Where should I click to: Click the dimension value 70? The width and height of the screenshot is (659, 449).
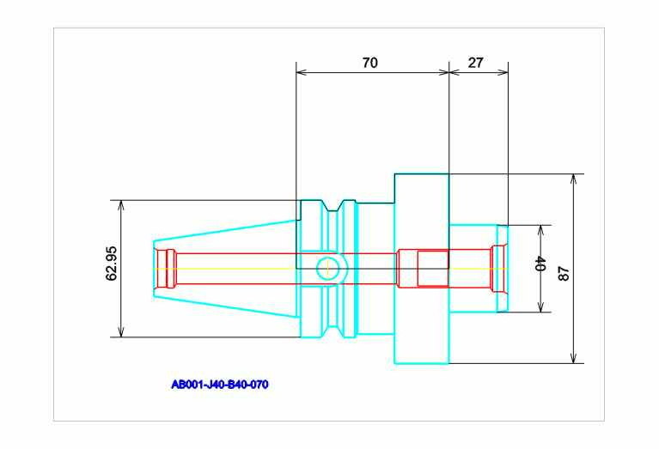point(370,63)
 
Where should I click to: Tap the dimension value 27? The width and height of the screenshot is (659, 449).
point(478,63)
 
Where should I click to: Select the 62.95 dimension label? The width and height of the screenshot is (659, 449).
point(111,270)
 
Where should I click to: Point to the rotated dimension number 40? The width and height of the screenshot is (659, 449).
point(540,266)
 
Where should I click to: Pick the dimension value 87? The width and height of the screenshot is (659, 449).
point(564,274)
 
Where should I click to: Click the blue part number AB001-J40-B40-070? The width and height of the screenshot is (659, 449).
point(220,385)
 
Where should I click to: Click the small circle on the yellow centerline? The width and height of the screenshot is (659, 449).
point(326,269)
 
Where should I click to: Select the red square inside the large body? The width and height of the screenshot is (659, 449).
point(432,268)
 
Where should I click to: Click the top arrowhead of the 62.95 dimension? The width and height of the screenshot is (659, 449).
point(121,206)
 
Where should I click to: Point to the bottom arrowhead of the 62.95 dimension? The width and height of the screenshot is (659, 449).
point(121,332)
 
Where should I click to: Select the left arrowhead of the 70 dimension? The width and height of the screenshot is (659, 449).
point(301,72)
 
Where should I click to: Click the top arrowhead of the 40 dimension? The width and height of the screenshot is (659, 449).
point(540,230)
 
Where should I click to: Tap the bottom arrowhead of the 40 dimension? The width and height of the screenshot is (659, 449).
point(540,307)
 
